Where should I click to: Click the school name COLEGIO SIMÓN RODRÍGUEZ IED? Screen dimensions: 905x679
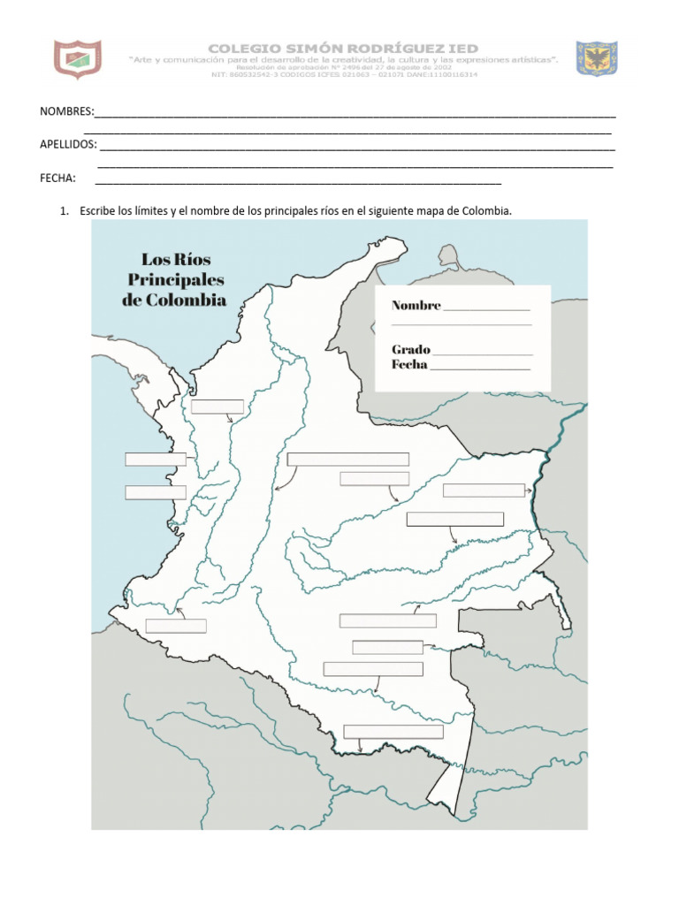point(342,48)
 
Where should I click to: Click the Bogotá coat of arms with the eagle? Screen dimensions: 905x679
point(597,57)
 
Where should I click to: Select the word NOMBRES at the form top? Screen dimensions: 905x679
point(66,112)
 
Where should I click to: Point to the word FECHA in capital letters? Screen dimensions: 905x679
point(57,178)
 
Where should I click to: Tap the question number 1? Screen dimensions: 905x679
point(64,211)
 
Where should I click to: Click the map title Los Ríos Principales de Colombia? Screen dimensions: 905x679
point(174,279)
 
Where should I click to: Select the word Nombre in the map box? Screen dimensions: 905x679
point(416,306)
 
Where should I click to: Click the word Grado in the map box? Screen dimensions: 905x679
point(410,349)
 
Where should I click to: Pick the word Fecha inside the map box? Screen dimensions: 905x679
point(409,364)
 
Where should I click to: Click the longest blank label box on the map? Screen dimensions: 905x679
point(347,459)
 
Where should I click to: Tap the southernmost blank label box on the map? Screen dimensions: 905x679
point(393,731)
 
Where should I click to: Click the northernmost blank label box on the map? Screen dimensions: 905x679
point(217,406)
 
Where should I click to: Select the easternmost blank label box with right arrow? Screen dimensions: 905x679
point(483,491)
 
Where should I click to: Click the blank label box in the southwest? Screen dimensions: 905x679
point(175,626)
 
